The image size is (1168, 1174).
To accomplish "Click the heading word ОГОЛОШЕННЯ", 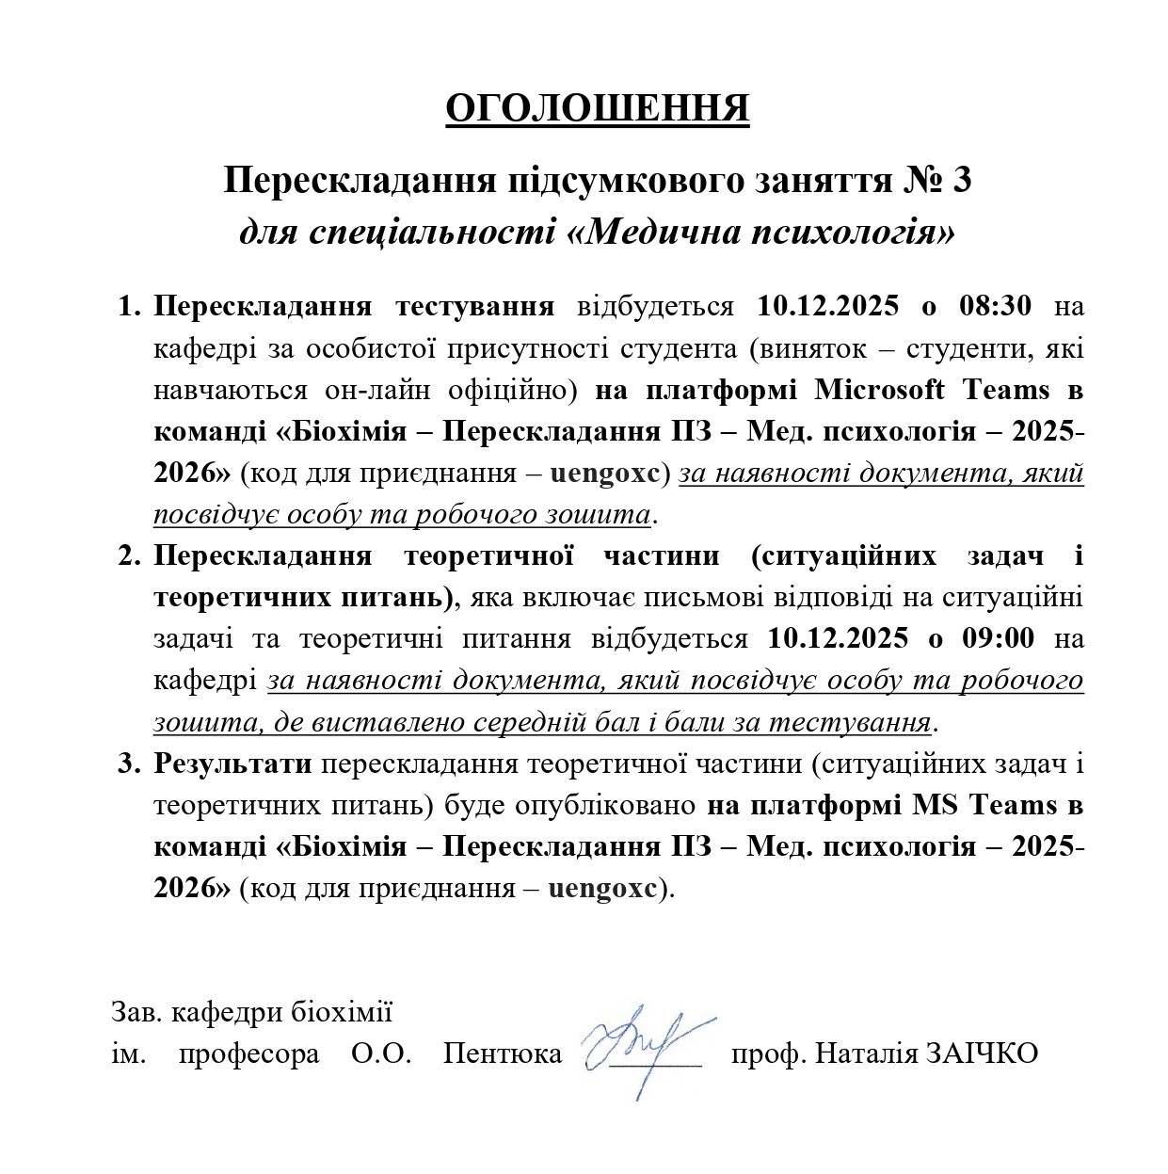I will [x=597, y=109].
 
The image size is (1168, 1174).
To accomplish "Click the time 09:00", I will [x=996, y=638].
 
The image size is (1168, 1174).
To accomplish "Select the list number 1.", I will [x=127, y=307].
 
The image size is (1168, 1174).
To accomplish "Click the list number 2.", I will [x=127, y=555].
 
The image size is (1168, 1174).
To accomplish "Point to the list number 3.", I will [x=127, y=764].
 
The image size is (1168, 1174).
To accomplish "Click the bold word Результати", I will [x=233, y=764].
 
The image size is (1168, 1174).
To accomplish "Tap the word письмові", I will [x=743, y=597].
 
